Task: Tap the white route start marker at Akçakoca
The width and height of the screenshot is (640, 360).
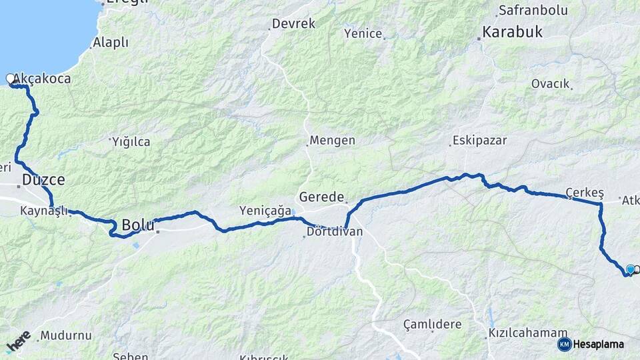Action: coord(11,79)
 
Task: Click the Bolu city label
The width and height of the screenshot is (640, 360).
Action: coord(138,225)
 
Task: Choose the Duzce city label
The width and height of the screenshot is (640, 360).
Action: coord(43,179)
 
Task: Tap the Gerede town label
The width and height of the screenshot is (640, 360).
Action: coord(321,197)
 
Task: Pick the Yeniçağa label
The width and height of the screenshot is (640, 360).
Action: coord(265,211)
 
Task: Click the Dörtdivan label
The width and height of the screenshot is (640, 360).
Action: coord(335,232)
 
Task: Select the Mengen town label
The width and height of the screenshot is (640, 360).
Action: coord(332,141)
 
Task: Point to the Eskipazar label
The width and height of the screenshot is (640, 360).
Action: coord(479,141)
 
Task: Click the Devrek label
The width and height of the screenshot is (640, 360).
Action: coord(293,25)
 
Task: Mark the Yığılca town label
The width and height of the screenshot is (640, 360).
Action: coord(131,141)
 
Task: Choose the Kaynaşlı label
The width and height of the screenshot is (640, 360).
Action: coord(44,211)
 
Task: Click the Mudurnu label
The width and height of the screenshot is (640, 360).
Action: coord(65,335)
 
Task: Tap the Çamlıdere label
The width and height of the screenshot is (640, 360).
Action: coord(432,324)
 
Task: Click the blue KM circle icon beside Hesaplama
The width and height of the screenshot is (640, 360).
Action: coord(564,344)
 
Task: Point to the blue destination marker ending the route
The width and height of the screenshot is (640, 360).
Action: coord(630,269)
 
